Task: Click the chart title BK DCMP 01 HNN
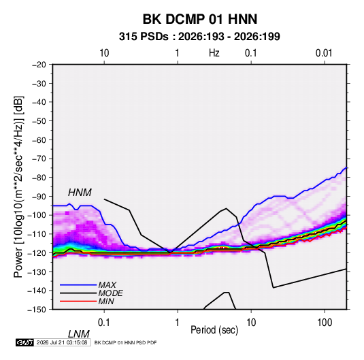pos(200,19)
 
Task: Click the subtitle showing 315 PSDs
pos(199,37)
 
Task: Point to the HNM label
pos(80,193)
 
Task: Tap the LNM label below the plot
pos(79,334)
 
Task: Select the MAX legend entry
pos(107,285)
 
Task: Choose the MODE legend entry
pos(110,293)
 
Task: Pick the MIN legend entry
pos(106,301)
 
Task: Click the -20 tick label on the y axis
pos(39,65)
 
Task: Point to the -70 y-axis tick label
pos(39,159)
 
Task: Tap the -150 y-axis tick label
pos(37,310)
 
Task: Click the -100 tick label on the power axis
pos(37,215)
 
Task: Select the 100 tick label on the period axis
pos(325,323)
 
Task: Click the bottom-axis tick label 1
pos(177,323)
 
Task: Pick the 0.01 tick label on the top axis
pos(324,53)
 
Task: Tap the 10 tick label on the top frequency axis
pos(104,53)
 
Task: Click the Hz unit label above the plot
pos(214,53)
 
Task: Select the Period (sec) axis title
pos(214,330)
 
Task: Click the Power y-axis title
pos(18,187)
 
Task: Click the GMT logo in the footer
pos(24,342)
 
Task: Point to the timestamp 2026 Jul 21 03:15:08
pos(62,342)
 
